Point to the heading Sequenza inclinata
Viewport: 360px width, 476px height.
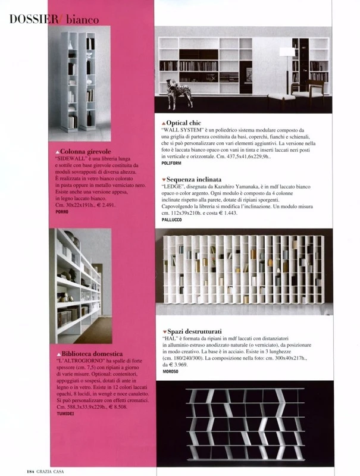(x=194, y=179)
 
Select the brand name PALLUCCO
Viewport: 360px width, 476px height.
(x=175, y=220)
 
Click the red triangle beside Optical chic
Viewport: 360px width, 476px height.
(x=164, y=123)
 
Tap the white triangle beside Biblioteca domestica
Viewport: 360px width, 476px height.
(x=58, y=353)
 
